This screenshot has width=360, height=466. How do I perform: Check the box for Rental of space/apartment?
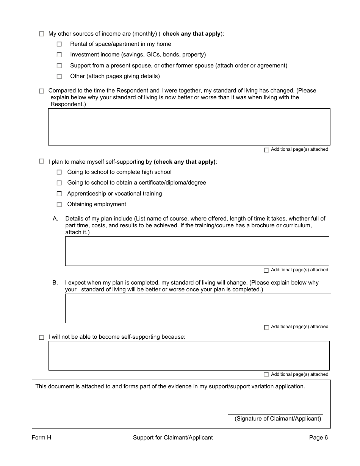[59, 44]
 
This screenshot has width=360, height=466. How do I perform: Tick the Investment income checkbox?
[59, 55]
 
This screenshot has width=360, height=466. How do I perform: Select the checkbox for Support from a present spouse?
[59, 66]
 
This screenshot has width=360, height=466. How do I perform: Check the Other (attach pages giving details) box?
[59, 77]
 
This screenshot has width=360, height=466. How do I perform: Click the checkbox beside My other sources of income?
[41, 34]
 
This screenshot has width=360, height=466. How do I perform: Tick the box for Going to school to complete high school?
[59, 172]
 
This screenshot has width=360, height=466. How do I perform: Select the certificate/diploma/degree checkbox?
[59, 183]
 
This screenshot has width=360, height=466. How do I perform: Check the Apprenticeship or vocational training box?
[59, 194]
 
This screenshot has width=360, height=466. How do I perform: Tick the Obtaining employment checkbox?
[59, 205]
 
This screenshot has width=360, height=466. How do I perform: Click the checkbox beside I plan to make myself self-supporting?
[41, 161]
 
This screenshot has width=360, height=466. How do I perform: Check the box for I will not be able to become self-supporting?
[41, 337]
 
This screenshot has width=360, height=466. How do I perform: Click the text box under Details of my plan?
[197, 251]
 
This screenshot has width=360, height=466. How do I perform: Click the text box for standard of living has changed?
[189, 127]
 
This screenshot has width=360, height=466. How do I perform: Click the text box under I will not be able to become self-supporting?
[189, 355]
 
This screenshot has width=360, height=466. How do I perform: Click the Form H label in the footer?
[41, 438]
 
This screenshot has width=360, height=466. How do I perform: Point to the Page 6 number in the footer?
[318, 438]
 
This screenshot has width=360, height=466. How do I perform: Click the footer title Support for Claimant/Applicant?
[173, 438]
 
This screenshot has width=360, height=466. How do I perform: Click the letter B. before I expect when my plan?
[55, 283]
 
